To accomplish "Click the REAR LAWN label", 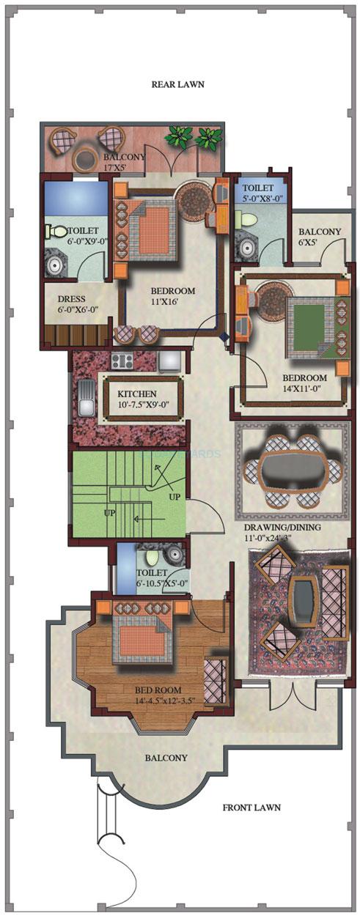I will point(177,84).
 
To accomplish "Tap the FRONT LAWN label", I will point(251,808).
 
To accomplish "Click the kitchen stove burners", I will point(122,361).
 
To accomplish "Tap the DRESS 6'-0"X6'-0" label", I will point(71,304).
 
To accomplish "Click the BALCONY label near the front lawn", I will point(165,758).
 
